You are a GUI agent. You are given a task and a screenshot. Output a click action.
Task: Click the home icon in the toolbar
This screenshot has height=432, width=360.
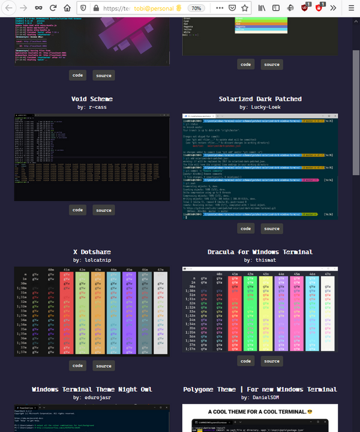pyautogui.click(x=67, y=8)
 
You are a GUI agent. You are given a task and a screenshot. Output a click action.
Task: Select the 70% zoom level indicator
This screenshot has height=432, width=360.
pyautogui.click(x=196, y=9)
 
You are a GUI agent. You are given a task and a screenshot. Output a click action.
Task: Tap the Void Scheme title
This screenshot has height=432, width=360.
pyautogui.click(x=92, y=99)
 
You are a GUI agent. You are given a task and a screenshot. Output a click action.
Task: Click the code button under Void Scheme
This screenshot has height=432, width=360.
pyautogui.click(x=77, y=210)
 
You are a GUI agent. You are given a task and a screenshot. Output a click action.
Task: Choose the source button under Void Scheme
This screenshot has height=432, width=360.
pyautogui.click(x=104, y=211)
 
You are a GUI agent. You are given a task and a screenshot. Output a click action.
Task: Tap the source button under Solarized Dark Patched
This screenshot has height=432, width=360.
pyautogui.click(x=272, y=229)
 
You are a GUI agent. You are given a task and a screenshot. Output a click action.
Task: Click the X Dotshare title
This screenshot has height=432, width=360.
pyautogui.click(x=92, y=252)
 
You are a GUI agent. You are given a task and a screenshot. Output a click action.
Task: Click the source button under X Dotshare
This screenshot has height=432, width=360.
pyautogui.click(x=104, y=366)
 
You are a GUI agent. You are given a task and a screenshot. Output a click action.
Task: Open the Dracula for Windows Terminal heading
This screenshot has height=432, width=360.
pyautogui.click(x=260, y=252)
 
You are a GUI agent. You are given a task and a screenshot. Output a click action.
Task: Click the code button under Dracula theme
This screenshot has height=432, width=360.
pyautogui.click(x=245, y=361)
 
